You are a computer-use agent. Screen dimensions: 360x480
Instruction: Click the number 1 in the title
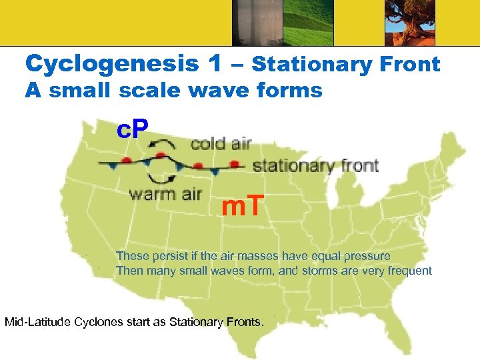(x=214, y=64)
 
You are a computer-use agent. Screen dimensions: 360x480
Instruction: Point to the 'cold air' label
(x=221, y=144)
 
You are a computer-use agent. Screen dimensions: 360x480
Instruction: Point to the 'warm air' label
(x=165, y=194)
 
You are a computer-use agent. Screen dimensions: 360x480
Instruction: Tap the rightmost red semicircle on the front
(x=234, y=163)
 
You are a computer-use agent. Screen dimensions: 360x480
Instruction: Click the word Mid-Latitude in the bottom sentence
(x=39, y=323)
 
